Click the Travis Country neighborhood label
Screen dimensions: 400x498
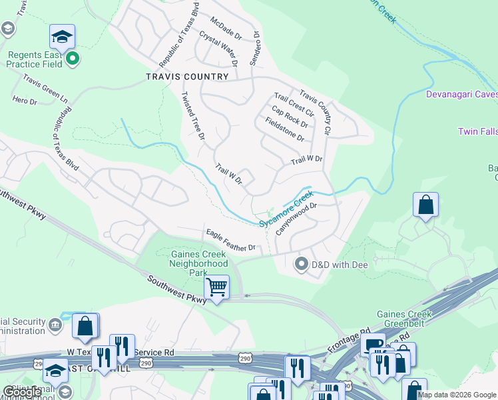coord(187,77)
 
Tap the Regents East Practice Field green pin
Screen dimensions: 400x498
coord(73,59)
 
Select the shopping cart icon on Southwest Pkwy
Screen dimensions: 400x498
coord(216,287)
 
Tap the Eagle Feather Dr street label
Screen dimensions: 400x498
coord(231,240)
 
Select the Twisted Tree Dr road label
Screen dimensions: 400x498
coord(192,115)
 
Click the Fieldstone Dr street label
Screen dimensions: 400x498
coord(284,129)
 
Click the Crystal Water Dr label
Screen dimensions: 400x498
coord(218,47)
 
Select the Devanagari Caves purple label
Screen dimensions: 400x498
coord(462,95)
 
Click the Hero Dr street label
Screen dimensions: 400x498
coord(24,100)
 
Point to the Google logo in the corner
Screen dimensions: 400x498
coord(22,392)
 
